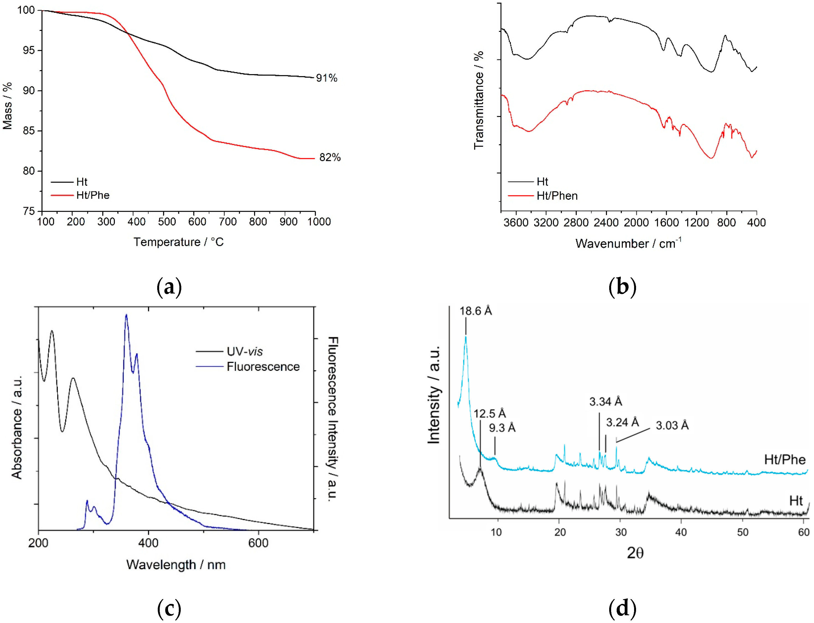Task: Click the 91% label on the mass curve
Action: pos(327,78)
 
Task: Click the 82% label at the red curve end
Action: pos(330,158)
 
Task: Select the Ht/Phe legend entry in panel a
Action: pos(93,195)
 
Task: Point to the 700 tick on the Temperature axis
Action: pos(228,222)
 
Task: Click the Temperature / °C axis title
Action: pos(179,242)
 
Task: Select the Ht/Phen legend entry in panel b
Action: pos(557,196)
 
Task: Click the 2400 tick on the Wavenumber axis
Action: pos(606,222)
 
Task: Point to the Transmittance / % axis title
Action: pos(479,100)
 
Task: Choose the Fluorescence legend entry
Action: pos(263,367)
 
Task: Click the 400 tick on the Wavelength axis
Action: pos(148,543)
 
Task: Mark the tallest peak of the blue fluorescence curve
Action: pos(126,315)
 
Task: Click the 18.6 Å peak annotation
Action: pos(476,311)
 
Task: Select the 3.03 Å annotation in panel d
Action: pos(672,425)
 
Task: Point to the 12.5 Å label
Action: pos(489,414)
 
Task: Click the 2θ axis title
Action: pos(635,553)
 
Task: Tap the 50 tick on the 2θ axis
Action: pos(742,533)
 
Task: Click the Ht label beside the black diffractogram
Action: pos(796,501)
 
